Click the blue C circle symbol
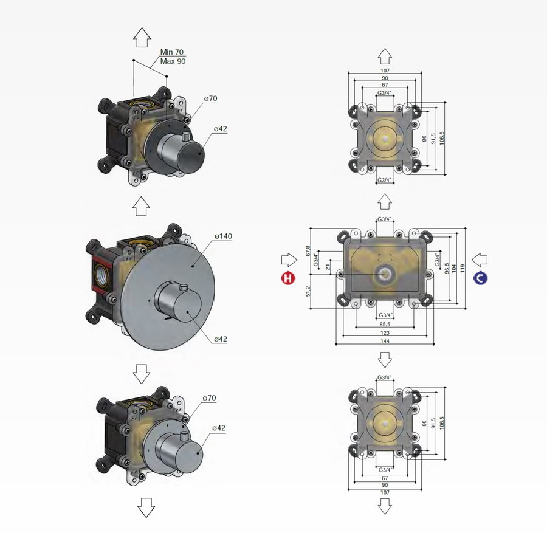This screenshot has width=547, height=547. (481, 278)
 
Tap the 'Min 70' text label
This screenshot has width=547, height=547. (171, 52)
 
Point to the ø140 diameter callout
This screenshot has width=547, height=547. (223, 236)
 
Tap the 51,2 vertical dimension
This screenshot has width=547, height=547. (309, 291)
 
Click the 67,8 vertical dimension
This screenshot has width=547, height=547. (309, 251)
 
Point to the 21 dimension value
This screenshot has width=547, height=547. (329, 266)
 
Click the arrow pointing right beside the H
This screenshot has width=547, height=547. (287, 260)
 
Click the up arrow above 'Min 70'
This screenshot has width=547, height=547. (142, 38)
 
